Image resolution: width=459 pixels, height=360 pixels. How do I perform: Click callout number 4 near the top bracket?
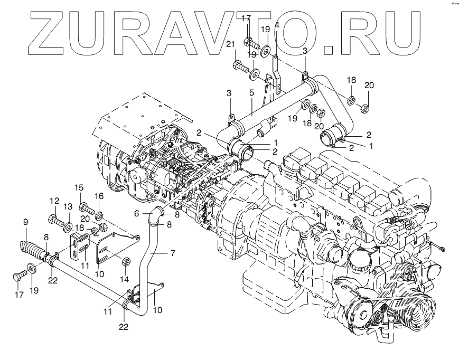click(277, 25)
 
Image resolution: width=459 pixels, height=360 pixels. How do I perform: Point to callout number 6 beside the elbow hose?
click(136, 213)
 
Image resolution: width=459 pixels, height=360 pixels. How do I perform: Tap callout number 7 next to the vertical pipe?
click(172, 253)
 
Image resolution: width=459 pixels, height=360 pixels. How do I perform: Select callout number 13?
click(68, 206)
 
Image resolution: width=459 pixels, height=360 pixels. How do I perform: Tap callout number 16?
click(99, 196)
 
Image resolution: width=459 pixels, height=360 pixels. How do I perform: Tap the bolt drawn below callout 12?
click(55, 218)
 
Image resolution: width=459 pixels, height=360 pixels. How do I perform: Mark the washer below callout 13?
click(68, 226)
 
